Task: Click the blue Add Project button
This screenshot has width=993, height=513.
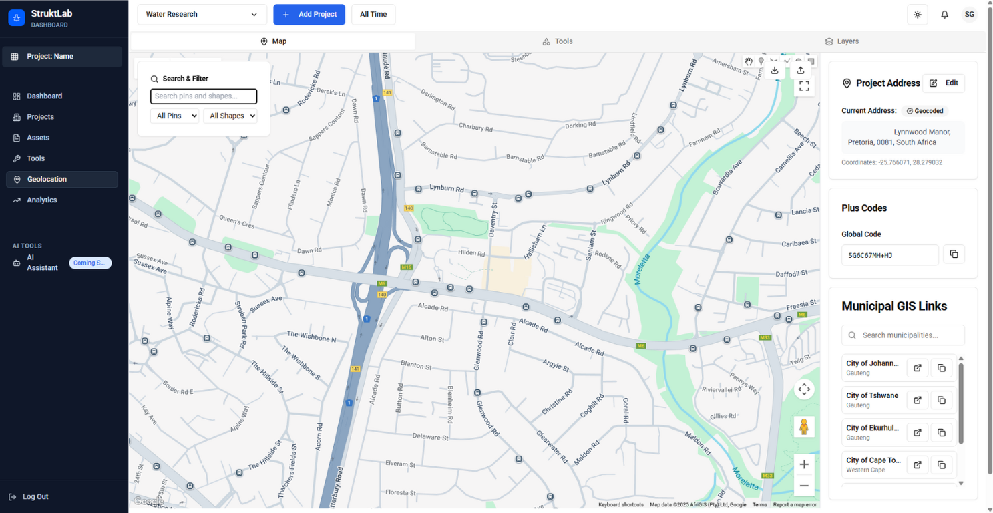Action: pyautogui.click(x=309, y=15)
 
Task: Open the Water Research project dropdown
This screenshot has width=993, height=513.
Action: pyautogui.click(x=202, y=15)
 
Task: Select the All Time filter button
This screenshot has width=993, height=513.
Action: pyautogui.click(x=373, y=15)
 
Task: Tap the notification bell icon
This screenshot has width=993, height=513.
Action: pyautogui.click(x=944, y=15)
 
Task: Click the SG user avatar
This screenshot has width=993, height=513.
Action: pyautogui.click(x=969, y=15)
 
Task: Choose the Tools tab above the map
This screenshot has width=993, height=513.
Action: pyautogui.click(x=558, y=41)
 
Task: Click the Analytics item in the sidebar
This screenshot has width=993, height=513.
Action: pyautogui.click(x=42, y=200)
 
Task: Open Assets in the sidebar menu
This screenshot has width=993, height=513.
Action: pyautogui.click(x=38, y=138)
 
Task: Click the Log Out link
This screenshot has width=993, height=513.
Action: pyautogui.click(x=35, y=497)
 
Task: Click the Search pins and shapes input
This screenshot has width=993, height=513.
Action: pyautogui.click(x=204, y=96)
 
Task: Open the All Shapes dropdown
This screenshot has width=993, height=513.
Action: pyautogui.click(x=230, y=116)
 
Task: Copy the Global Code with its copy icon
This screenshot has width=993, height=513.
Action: pyautogui.click(x=954, y=254)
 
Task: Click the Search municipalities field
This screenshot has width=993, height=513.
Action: pyautogui.click(x=903, y=335)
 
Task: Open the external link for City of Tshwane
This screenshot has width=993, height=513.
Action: pyautogui.click(x=918, y=400)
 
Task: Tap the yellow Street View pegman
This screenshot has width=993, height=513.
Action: pyautogui.click(x=804, y=427)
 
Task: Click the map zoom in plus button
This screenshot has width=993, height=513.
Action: pyautogui.click(x=804, y=464)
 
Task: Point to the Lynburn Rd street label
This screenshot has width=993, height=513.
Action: pyautogui.click(x=447, y=188)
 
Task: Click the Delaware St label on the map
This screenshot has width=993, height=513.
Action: pyautogui.click(x=430, y=437)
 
